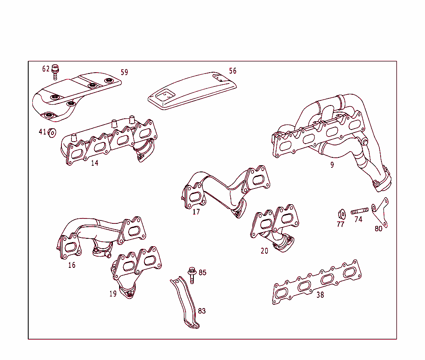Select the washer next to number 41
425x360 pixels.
coord(52,132)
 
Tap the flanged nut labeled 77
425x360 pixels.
coord(340,215)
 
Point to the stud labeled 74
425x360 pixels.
coord(359,211)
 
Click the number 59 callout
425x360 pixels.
coord(125,72)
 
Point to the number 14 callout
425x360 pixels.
coord(95,163)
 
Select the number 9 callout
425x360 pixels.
coord(332,164)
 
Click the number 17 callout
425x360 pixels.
coord(196,212)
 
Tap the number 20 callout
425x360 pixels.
coord(264,251)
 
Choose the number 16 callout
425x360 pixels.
coord(72,265)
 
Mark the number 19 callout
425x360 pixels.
coord(113,294)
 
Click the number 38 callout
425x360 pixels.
coord(320,295)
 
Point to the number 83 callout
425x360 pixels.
coord(202,311)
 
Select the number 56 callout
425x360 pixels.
coord(233,71)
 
